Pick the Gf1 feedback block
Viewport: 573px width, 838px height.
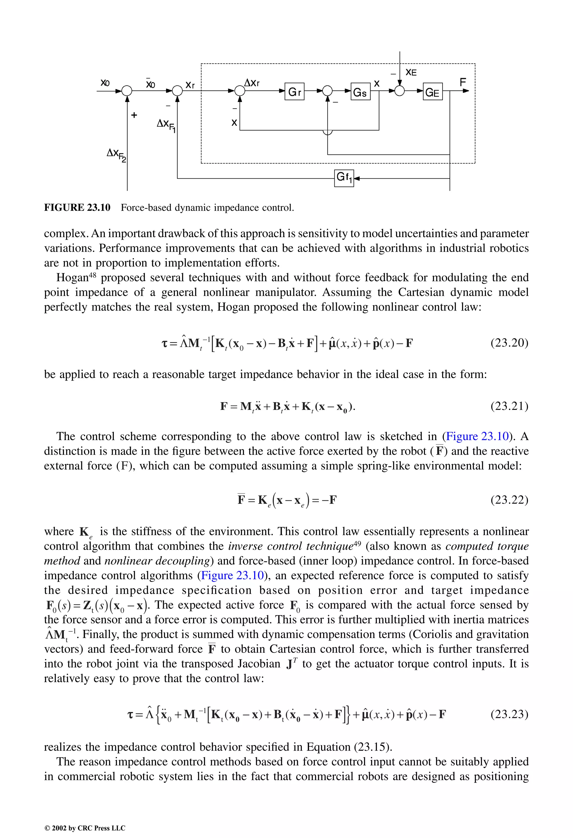coord(344,178)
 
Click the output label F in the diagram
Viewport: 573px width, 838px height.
coord(463,83)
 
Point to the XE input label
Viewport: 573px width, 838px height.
coord(411,73)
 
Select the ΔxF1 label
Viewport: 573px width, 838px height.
coord(166,125)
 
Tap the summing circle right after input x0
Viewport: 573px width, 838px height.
coord(127,91)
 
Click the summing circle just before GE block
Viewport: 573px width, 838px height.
coord(399,91)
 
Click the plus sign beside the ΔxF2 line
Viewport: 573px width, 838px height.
coord(134,115)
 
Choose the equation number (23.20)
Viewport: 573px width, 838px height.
coord(509,342)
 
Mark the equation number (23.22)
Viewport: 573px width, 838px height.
coord(509,500)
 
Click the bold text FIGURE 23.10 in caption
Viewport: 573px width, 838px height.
coord(77,208)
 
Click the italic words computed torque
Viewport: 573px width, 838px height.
coord(487,546)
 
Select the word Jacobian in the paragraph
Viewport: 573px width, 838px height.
coord(259,664)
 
